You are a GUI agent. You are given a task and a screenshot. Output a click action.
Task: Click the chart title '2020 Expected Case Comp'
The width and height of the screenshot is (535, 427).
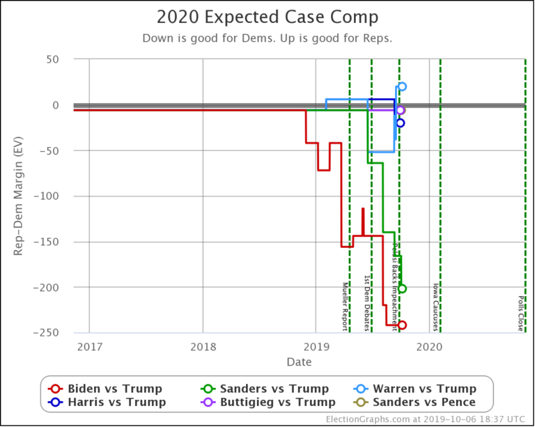coord(267,17)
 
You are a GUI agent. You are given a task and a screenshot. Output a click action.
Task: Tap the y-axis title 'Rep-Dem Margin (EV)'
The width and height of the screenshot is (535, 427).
coord(19,196)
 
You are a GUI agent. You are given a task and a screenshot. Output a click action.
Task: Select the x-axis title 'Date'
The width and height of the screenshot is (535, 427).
coord(298,363)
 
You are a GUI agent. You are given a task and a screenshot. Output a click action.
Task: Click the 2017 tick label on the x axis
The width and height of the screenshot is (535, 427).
coord(89,347)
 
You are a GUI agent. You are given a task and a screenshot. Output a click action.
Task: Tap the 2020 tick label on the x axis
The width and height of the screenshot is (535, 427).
coord(430,347)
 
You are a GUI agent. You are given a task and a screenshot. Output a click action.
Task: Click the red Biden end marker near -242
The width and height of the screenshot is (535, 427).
coord(402,325)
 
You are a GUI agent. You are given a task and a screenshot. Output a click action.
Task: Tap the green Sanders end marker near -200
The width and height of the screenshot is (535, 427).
coord(402,288)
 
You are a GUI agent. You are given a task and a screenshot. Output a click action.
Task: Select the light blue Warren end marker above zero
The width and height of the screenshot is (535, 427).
coord(402,86)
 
